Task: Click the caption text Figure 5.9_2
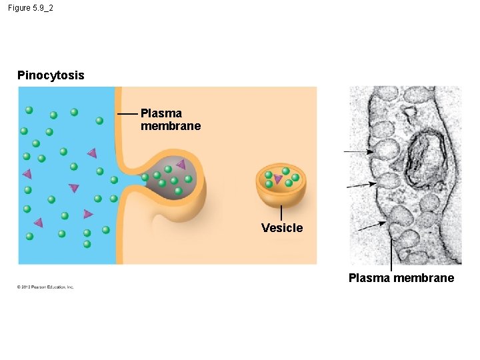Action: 31,8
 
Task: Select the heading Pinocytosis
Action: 51,75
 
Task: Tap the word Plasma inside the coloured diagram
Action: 161,113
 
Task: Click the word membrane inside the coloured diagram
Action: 170,126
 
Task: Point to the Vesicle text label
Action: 281,228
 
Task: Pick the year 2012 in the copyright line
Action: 26,287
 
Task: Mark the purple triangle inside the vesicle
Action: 278,179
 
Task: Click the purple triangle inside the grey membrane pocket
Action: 181,164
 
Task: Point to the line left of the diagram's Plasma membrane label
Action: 127,114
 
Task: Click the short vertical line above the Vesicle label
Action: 281,213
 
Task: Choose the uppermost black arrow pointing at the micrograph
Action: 359,152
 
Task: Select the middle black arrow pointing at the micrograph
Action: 361,184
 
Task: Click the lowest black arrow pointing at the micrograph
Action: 371,227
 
